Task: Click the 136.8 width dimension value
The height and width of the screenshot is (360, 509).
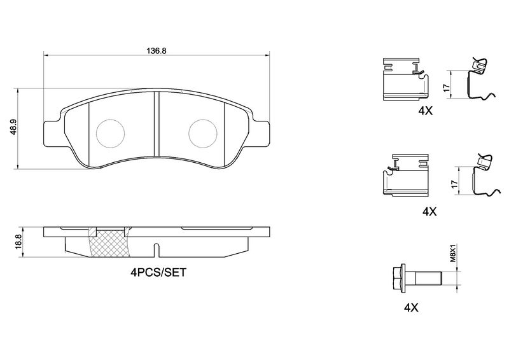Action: pos(157,51)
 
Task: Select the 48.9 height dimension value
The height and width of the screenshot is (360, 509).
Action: pos(13,129)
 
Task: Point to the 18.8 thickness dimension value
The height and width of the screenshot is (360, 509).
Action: pos(18,242)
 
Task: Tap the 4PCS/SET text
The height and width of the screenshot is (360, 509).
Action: pos(158,272)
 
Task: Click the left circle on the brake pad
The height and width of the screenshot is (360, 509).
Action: pos(111,134)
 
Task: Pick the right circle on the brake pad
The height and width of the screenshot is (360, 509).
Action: pos(203,134)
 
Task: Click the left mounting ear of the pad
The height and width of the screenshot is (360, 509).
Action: pos(51,133)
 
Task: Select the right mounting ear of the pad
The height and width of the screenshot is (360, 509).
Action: pos(261,133)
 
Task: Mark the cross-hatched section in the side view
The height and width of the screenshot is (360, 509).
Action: pos(109,243)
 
